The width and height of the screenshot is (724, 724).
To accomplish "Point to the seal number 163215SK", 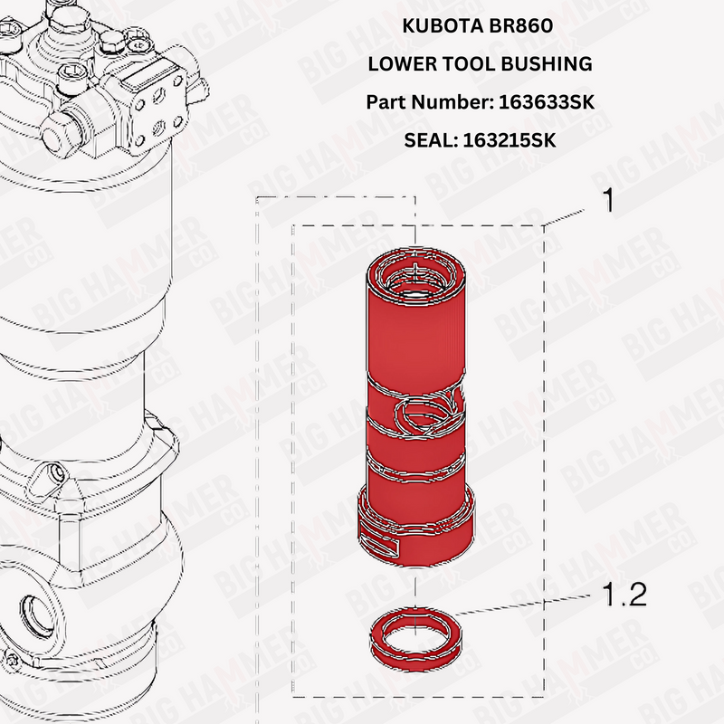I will point(509,141).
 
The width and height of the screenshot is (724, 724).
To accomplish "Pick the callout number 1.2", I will point(624,598).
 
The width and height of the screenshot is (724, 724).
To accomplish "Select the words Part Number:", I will point(430,103).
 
